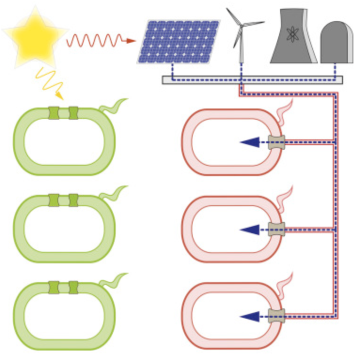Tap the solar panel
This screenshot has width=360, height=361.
point(179,41)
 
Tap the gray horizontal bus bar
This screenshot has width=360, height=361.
point(252,80)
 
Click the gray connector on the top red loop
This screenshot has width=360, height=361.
point(276,141)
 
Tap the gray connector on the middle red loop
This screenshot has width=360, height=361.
point(276,229)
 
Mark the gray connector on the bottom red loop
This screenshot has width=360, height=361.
point(276,316)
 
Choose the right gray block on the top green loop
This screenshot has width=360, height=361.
point(73,113)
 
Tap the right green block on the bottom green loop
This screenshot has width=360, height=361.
point(73,287)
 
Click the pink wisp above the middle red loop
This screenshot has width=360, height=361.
point(285,194)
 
